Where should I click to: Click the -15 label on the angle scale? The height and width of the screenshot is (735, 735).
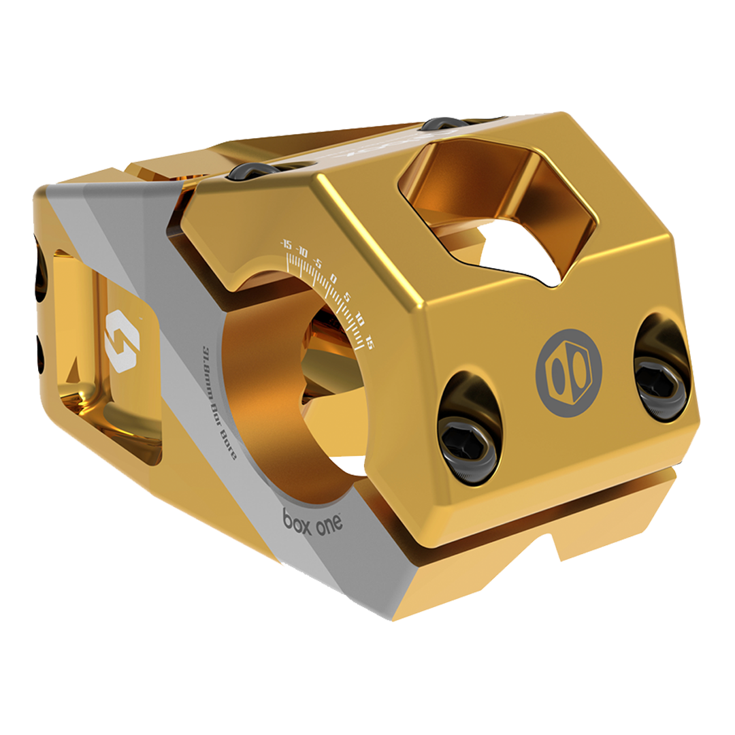pos(286,245)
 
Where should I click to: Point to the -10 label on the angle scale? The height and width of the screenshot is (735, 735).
pos(301,253)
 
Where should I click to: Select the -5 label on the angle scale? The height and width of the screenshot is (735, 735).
pos(317,263)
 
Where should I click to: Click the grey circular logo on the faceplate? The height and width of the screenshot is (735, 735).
pos(568,373)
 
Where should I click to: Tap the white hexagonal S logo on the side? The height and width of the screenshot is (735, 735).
pos(122,341)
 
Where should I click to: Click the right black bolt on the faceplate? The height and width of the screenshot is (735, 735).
pos(659,381)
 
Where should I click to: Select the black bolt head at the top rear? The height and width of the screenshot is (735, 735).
pos(442,123)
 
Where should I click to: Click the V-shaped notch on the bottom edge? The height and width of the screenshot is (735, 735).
pos(551,544)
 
